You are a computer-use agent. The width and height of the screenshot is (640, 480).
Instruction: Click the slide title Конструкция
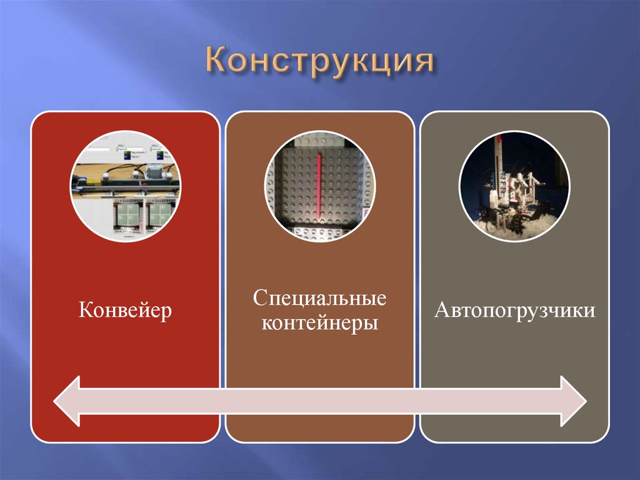[x=319, y=65]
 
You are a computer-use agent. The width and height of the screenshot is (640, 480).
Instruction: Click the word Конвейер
[x=125, y=311]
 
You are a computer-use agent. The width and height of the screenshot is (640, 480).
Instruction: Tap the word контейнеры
[x=319, y=324]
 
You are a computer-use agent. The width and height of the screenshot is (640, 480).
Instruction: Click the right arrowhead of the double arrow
[x=572, y=401]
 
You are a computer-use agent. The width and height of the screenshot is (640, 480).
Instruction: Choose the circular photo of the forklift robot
[x=514, y=186]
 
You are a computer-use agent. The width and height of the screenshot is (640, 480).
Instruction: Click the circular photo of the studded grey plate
[x=319, y=186]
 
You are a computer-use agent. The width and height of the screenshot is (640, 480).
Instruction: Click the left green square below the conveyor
[x=127, y=216]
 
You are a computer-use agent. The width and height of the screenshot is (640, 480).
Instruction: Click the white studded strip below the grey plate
[x=319, y=232]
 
